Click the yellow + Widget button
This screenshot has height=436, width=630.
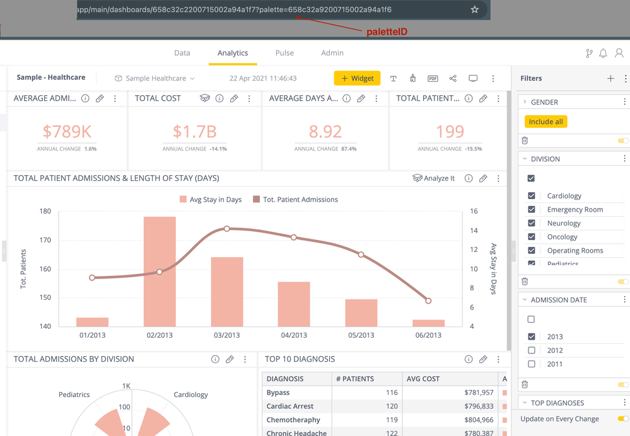click(357, 78)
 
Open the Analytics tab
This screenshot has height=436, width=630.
click(233, 53)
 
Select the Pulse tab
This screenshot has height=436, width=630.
click(284, 53)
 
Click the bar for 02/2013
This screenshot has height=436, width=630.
click(160, 271)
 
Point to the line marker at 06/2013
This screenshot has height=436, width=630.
click(428, 301)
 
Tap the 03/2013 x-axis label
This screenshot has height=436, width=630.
click(227, 335)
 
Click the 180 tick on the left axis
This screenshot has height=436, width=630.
click(45, 211)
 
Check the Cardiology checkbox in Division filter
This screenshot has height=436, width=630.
click(532, 196)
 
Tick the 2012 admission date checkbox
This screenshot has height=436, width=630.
click(532, 350)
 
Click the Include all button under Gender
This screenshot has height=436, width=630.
click(545, 122)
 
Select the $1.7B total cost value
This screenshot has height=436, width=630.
click(194, 131)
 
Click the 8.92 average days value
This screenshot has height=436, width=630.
click(325, 131)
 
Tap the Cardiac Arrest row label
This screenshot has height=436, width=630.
click(289, 406)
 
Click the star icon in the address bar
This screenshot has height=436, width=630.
click(475, 9)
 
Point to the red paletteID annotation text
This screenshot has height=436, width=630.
click(387, 32)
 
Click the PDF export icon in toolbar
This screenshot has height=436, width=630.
click(433, 79)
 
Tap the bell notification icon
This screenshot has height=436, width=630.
click(604, 54)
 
